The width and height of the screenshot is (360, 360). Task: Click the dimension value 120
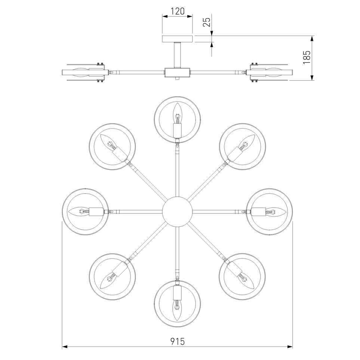pos(178,11)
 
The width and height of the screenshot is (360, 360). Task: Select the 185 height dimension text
pos(307,57)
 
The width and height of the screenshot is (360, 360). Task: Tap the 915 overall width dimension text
pos(178,341)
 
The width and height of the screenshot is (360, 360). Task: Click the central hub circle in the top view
pos(177,212)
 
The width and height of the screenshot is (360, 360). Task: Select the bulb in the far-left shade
pos(79,212)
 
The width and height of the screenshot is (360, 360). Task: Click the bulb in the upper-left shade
pos(109,143)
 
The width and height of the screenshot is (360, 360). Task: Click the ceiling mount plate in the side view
pos(178,39)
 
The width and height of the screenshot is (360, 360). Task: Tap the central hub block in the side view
pos(178,72)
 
